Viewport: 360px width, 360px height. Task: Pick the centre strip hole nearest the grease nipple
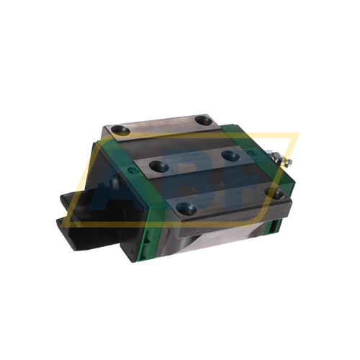230,154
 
